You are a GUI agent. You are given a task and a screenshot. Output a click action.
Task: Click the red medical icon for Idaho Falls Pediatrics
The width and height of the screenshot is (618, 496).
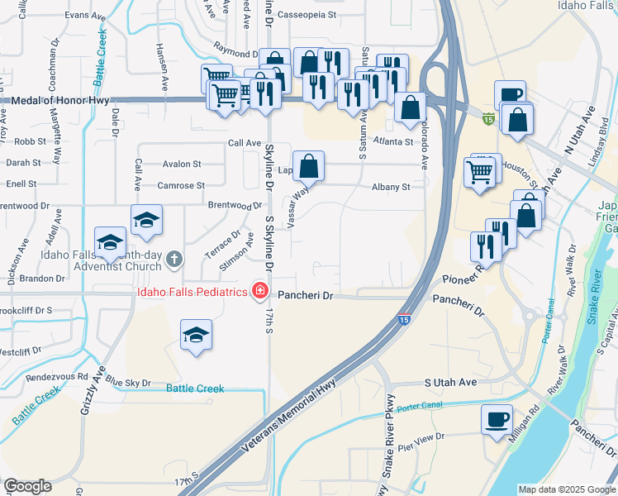pyautogui.click(x=260, y=291)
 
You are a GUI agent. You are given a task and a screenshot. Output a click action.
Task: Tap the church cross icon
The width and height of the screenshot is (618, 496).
pyautogui.click(x=174, y=260)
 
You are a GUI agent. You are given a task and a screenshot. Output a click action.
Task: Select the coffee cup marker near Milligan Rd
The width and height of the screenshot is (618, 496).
pyautogui.click(x=497, y=419)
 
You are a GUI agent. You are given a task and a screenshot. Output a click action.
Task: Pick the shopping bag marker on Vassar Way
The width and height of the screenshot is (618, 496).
pyautogui.click(x=308, y=166)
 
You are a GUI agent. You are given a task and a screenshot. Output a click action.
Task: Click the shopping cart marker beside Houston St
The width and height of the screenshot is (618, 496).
pyautogui.click(x=479, y=172)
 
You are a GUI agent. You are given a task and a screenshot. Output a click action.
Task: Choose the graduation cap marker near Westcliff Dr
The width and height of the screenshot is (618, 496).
pyautogui.click(x=196, y=335)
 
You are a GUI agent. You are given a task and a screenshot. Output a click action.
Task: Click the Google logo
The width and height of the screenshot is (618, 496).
pyautogui.click(x=27, y=486)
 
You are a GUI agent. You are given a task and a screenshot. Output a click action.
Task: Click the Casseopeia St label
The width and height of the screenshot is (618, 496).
pyautogui.click(x=307, y=14)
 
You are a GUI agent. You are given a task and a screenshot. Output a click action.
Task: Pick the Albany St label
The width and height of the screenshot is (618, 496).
pyautogui.click(x=391, y=188)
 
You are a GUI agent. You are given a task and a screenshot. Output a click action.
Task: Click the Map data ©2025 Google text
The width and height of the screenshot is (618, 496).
pyautogui.click(x=566, y=489)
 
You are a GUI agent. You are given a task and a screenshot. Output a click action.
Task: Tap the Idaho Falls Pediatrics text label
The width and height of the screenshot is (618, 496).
pyautogui.click(x=193, y=292)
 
